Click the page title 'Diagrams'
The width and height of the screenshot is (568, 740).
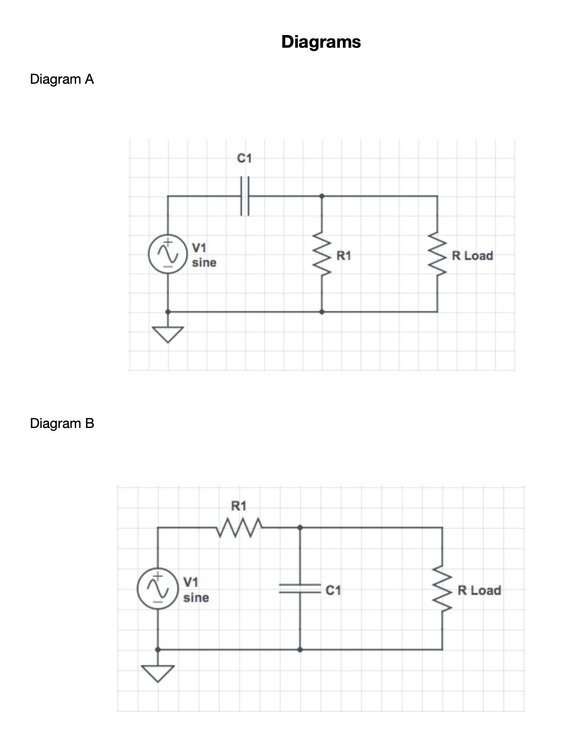click(321, 42)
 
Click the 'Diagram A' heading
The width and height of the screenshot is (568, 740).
click(62, 79)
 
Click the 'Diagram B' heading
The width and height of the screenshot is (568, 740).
click(62, 423)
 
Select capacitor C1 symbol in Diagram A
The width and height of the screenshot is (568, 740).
click(245, 196)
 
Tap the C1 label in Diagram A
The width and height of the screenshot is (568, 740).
click(244, 159)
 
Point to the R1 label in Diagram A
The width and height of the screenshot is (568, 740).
click(343, 256)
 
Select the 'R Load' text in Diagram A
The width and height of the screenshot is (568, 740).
click(472, 256)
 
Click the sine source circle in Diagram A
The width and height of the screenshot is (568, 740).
click(168, 254)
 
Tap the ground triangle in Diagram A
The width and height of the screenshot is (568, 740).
click(168, 334)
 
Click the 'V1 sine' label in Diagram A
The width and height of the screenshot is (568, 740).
click(204, 255)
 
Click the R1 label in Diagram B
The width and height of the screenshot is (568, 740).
click(239, 506)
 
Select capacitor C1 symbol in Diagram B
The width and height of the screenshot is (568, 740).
click(300, 588)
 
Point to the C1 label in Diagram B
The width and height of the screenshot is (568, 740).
click(333, 590)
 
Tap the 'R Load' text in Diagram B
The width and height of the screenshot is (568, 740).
click(479, 590)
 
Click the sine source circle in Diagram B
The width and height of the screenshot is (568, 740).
click(157, 589)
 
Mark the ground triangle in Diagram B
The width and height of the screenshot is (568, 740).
click(157, 673)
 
